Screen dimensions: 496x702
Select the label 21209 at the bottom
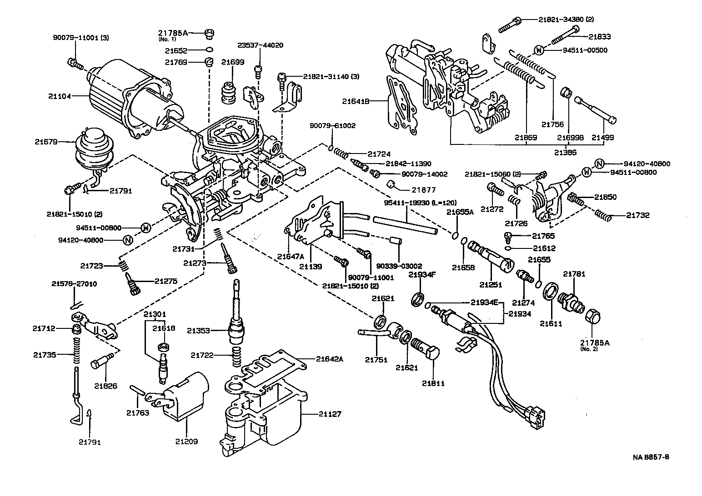186,441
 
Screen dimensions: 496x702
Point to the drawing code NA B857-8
650,457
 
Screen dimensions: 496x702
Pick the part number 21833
600,37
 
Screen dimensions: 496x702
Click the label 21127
330,414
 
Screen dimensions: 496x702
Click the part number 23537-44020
261,45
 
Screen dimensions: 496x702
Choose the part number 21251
491,284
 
